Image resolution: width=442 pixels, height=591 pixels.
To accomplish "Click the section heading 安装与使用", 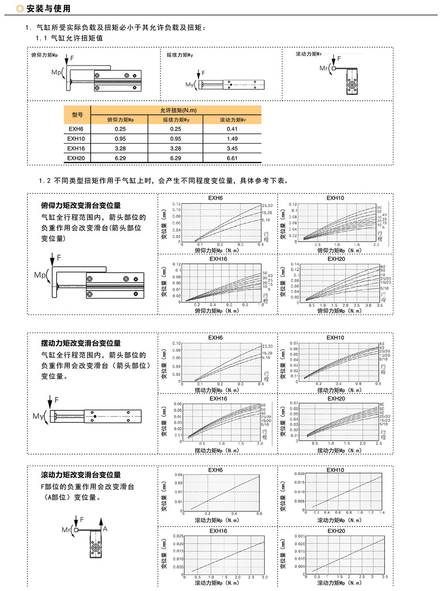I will pos(48,9).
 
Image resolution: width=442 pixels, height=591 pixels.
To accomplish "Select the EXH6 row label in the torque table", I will pos(76,129).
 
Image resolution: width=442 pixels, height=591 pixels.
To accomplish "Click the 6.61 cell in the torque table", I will pos(232,158).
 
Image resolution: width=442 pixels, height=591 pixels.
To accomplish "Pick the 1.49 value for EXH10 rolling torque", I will pos(232,139).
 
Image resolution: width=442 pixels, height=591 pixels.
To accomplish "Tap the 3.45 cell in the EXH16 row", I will pos(232,148).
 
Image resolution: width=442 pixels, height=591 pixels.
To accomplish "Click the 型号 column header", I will pos(77,115).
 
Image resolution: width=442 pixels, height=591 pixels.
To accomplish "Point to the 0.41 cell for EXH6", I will pos(232,129).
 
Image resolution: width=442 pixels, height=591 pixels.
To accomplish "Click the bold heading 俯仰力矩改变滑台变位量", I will pos(81,205).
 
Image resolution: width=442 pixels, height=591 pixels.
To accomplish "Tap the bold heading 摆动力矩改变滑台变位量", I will pos(81,343).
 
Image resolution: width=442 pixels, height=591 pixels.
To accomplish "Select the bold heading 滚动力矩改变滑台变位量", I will pos(81,475).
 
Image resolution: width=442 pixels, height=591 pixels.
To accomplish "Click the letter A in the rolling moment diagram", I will pos(105,529).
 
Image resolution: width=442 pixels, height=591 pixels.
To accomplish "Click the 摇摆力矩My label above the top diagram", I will pos(179,55).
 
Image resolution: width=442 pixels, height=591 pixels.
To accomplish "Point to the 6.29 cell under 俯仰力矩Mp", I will pos(120,158).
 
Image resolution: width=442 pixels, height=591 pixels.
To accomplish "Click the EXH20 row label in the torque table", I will pos(76,158).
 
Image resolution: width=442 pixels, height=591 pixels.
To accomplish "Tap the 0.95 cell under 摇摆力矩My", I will pos(175,139).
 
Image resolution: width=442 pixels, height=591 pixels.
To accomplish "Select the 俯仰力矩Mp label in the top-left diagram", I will pos(44,55).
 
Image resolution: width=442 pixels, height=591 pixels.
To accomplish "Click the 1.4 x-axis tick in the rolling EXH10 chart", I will pos(382,512).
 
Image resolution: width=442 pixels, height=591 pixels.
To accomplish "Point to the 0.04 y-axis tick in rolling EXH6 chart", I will pos(178,475).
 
